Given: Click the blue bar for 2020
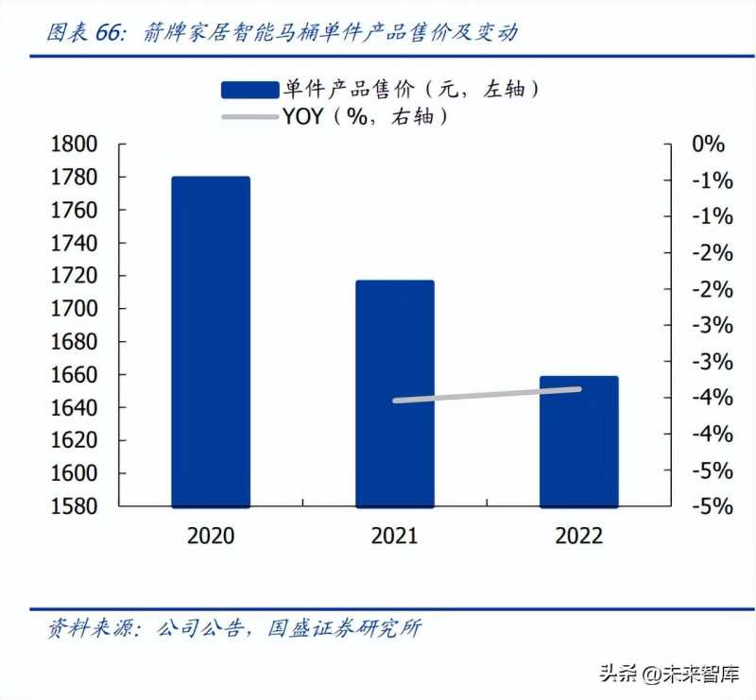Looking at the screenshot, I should (x=211, y=341).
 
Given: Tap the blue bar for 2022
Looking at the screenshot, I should (x=578, y=441).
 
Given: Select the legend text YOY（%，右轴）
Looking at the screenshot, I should (x=364, y=117).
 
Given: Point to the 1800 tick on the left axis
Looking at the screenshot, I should (x=74, y=145).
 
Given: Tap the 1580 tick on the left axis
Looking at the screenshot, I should (x=74, y=506).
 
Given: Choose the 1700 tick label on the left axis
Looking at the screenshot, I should (x=74, y=309).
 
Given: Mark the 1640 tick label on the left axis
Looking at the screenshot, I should (x=74, y=407).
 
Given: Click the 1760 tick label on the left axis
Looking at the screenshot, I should (x=74, y=211).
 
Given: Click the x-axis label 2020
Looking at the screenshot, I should (x=211, y=536).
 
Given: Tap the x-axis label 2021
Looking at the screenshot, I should (x=394, y=536).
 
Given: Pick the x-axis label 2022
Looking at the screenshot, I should (x=578, y=536).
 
